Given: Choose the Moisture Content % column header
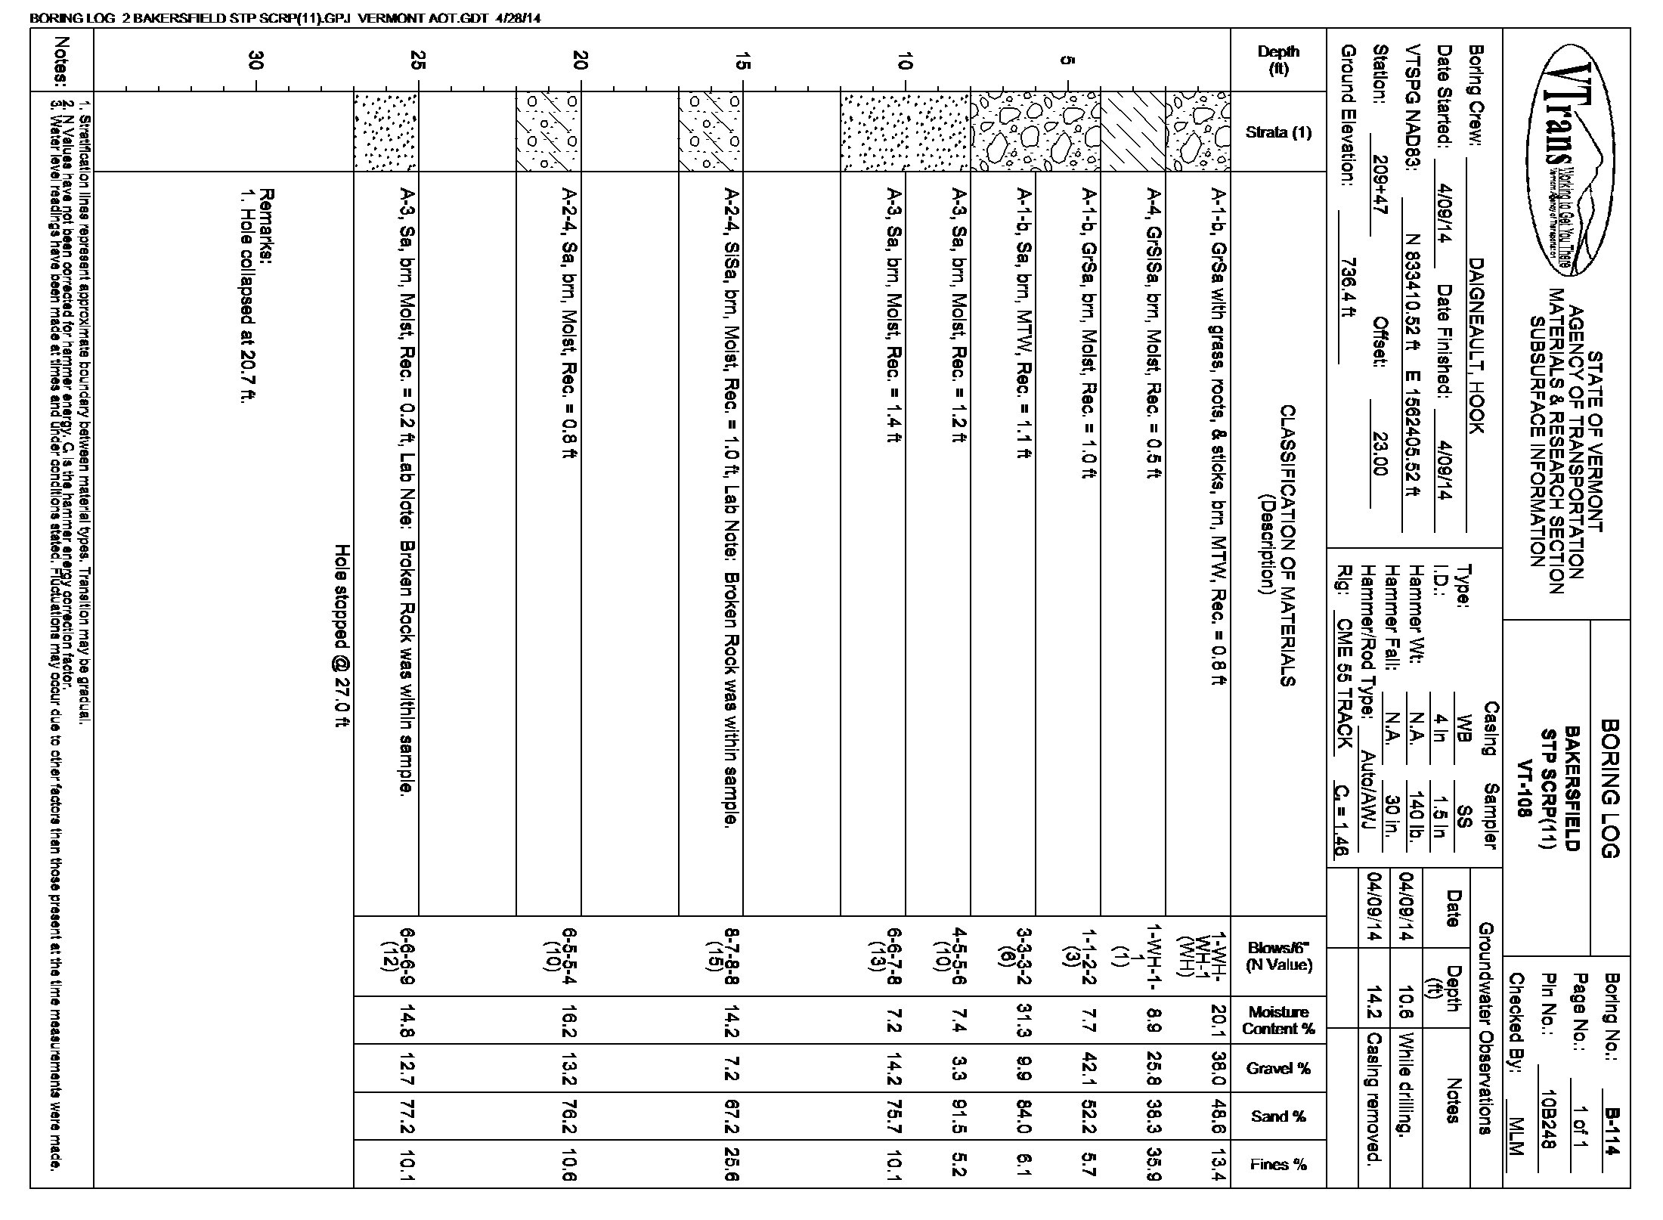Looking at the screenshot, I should (1278, 1020).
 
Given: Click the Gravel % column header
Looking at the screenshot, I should (1278, 1068).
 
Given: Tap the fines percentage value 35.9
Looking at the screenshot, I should (1154, 1164).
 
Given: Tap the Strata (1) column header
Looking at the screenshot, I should (1278, 132).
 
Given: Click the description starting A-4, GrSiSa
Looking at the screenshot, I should (1154, 333).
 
